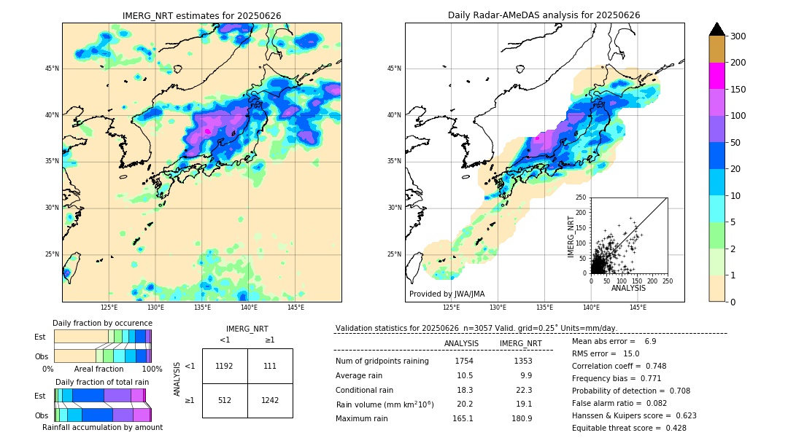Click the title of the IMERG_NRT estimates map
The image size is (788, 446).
click(x=201, y=15)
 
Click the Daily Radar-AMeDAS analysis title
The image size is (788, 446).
click(x=544, y=15)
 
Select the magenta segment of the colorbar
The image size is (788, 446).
click(x=716, y=76)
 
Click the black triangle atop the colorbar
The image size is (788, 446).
click(x=717, y=29)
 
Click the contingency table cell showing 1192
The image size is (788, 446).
click(x=225, y=366)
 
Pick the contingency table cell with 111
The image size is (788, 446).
click(x=270, y=366)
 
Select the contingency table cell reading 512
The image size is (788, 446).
click(x=225, y=400)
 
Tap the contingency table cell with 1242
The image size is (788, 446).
click(x=270, y=400)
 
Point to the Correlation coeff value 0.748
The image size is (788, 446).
click(x=671, y=366)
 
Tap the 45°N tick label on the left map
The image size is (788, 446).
click(x=52, y=69)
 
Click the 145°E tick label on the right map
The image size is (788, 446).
click(x=638, y=308)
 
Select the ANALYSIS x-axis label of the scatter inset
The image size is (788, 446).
click(x=628, y=288)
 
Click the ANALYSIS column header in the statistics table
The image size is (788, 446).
click(x=461, y=343)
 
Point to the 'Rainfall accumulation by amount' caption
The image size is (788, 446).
click(x=102, y=427)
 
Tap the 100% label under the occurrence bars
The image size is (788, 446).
click(x=152, y=369)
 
